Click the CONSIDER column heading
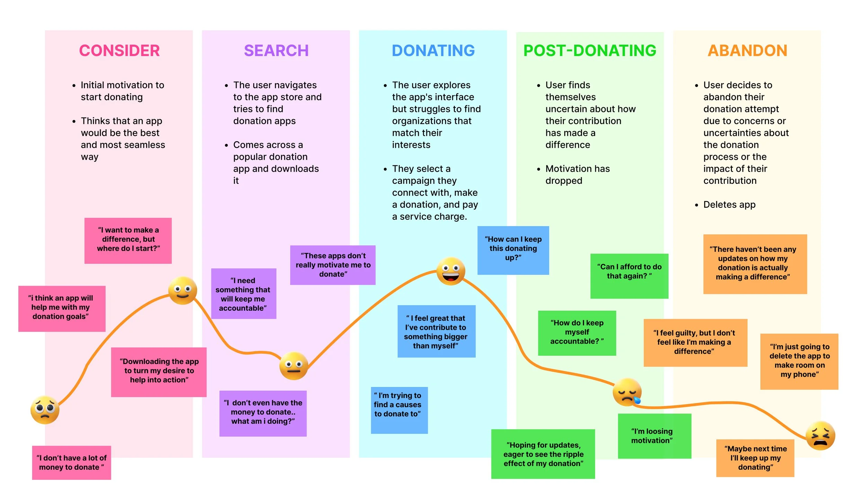tap(119, 51)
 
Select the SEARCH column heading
tap(276, 51)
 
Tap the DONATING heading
tap(433, 51)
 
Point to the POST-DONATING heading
tap(590, 51)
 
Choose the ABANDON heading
tap(747, 51)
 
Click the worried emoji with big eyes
tap(45, 410)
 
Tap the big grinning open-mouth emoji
tap(450, 271)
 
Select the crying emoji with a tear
tap(627, 392)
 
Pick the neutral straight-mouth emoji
tap(293, 366)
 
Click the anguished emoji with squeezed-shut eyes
tap(820, 436)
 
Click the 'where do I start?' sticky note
tap(128, 240)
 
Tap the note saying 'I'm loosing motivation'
tap(654, 436)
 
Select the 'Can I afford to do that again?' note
tap(629, 276)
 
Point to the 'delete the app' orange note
tap(799, 361)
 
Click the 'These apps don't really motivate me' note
tap(333, 265)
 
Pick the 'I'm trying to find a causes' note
tap(399, 410)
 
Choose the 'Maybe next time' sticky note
tap(755, 458)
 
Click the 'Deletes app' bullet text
tap(729, 205)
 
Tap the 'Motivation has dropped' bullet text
tap(577, 174)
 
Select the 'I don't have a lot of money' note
tap(71, 463)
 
